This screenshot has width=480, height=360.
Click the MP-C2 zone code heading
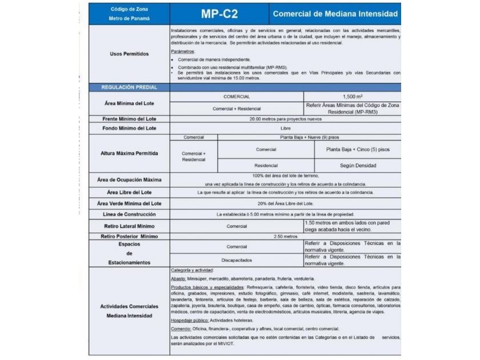(220, 14)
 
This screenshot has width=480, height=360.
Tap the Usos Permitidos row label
(129, 54)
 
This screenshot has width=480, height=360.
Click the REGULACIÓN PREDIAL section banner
(129, 87)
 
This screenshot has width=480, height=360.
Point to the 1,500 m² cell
(352, 97)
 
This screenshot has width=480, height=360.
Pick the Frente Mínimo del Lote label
(129, 119)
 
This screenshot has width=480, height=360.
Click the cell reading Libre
(286, 129)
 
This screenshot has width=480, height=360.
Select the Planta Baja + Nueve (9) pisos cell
(309, 138)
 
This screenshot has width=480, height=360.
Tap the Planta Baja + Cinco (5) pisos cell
(358, 150)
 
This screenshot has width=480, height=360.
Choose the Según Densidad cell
(358, 166)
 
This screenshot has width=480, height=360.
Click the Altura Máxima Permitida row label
(129, 154)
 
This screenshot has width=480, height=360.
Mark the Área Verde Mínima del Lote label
(129, 203)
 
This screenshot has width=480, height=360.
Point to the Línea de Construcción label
(129, 214)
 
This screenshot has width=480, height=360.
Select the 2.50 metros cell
(286, 236)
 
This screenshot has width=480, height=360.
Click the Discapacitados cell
(237, 260)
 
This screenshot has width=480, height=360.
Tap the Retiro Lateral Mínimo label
(129, 226)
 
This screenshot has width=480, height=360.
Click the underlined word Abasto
(178, 278)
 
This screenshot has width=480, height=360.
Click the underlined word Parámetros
(182, 51)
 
